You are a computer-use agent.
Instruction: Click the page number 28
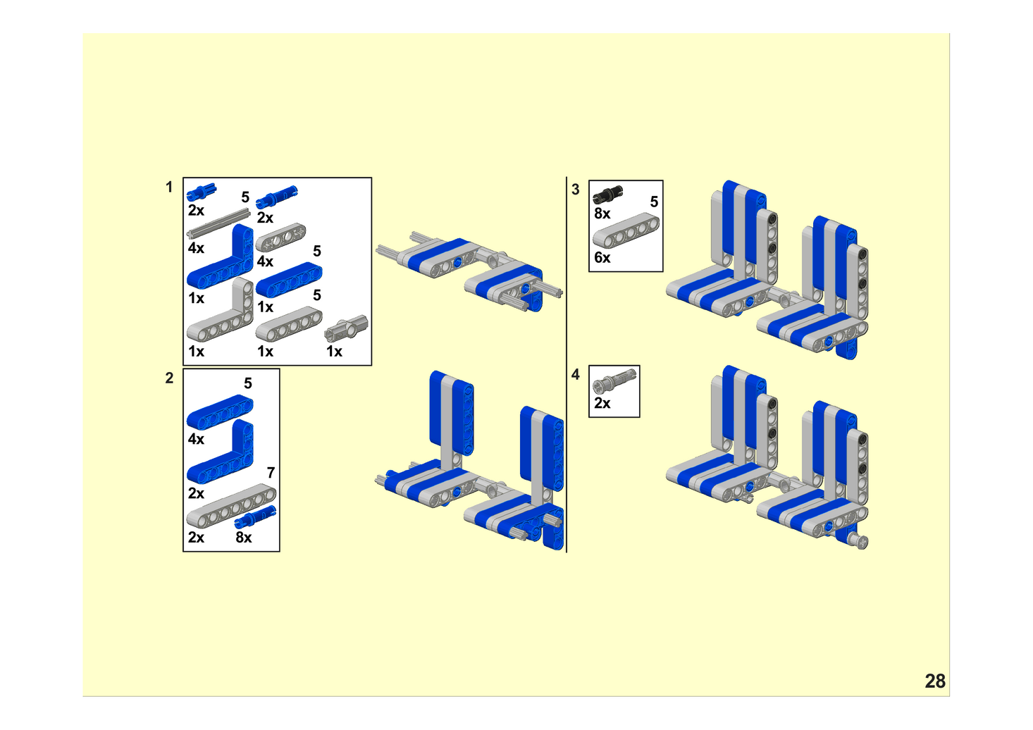pos(935,681)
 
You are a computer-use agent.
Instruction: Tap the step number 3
pos(575,189)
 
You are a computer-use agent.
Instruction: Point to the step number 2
pos(169,378)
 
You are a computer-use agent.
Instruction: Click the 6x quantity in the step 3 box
pos(602,257)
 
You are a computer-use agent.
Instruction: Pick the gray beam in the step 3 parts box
pos(626,230)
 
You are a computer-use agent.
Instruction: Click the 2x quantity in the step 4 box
pos(602,403)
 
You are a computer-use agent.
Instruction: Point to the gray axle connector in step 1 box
pos(347,328)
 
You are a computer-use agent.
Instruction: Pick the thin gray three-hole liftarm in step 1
pos(281,237)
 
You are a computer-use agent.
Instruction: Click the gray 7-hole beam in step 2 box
pos(232,506)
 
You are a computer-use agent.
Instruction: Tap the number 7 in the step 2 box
pos(271,473)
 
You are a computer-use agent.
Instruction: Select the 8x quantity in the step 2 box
pos(244,537)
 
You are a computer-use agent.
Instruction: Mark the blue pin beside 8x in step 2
pos(256,516)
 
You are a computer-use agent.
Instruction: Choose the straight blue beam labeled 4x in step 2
pos(220,412)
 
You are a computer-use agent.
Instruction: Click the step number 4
pos(575,374)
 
